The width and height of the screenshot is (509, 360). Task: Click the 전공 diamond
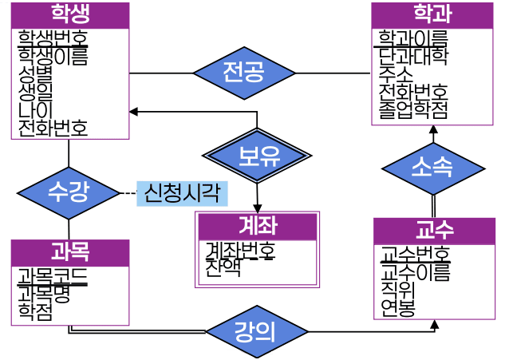point(244,73)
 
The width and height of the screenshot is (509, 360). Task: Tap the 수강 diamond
point(69,192)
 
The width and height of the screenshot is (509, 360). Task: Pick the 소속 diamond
point(433,168)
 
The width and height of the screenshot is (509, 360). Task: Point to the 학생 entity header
point(70,15)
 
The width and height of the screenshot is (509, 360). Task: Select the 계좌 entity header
point(258,226)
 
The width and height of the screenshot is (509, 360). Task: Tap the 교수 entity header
point(434,231)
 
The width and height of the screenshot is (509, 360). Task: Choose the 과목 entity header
point(70,251)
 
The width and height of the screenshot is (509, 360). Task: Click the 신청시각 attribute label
point(181,192)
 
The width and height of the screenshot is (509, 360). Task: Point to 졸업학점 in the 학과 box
point(413,109)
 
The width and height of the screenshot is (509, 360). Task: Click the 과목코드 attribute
point(53,276)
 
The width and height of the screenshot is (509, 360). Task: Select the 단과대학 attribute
point(413,56)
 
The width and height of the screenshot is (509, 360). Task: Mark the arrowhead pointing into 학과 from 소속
point(433,129)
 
